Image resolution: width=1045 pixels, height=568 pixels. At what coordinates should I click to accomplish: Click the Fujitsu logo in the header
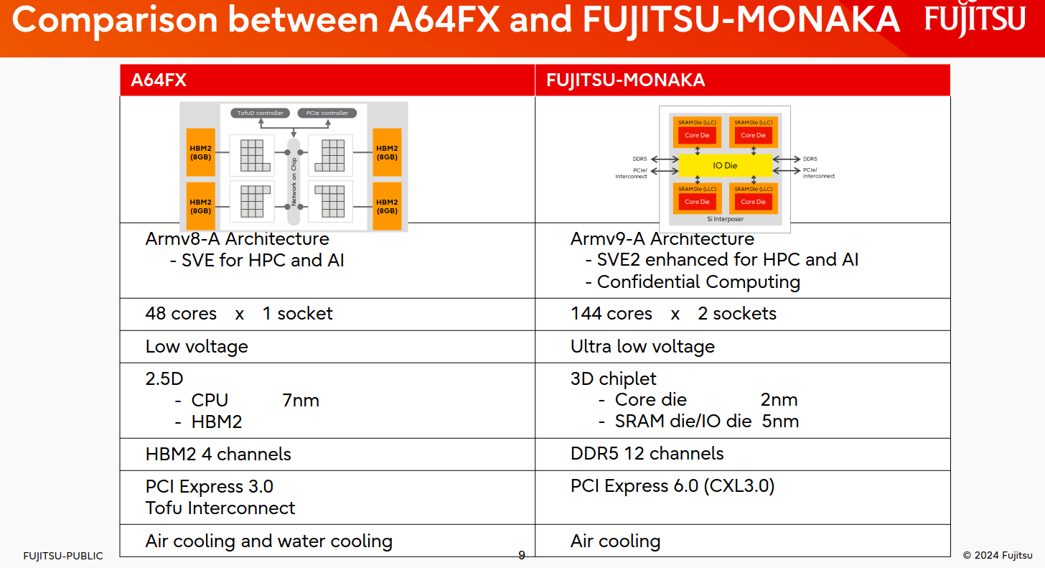(x=975, y=19)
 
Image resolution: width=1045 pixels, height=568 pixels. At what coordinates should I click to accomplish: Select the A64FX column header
(x=159, y=80)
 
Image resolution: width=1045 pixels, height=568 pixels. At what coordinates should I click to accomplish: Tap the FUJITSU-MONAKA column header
(x=625, y=80)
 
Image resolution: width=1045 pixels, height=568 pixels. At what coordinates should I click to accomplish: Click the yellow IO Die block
(x=725, y=166)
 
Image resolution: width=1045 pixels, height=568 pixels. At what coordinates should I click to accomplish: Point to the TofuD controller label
(x=260, y=113)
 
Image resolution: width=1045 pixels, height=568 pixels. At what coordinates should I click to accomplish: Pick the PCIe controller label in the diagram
(x=327, y=113)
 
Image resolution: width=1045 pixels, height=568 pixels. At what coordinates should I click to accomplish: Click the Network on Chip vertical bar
(x=294, y=181)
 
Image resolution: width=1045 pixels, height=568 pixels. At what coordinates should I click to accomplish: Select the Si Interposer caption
(x=725, y=219)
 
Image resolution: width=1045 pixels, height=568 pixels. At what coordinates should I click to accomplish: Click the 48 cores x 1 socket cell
(x=239, y=314)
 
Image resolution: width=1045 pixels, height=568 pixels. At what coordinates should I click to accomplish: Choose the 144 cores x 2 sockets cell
(x=673, y=314)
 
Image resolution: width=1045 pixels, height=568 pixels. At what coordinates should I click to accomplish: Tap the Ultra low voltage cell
(x=642, y=347)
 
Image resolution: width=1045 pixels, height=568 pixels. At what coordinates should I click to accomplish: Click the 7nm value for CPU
(x=301, y=401)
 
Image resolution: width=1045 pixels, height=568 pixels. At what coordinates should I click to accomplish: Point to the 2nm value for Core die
(x=779, y=400)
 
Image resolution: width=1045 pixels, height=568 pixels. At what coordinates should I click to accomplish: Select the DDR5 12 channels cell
(x=647, y=454)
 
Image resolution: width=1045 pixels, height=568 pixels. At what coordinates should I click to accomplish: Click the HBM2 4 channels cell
(x=218, y=455)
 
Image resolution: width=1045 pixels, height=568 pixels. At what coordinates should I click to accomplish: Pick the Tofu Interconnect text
(x=220, y=508)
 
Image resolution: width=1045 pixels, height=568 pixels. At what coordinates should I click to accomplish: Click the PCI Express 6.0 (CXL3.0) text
(x=673, y=486)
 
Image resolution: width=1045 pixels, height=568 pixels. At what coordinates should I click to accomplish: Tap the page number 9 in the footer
(x=522, y=555)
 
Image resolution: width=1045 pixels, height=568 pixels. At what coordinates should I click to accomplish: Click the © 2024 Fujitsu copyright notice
(x=998, y=555)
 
